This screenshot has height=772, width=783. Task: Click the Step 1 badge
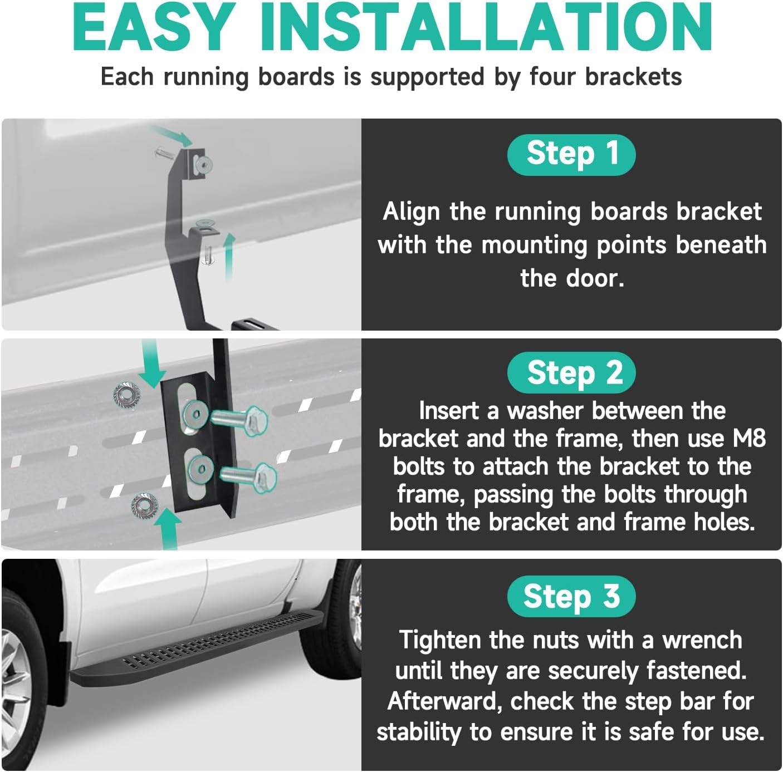pyautogui.click(x=571, y=154)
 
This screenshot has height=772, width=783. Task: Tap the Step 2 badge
pyautogui.click(x=571, y=372)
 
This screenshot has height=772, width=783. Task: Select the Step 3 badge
pyautogui.click(x=571, y=596)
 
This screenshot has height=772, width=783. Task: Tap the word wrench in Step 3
pyautogui.click(x=703, y=640)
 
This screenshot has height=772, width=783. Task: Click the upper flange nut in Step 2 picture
pyautogui.click(x=127, y=395)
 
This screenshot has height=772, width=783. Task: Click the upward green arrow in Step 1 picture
pyautogui.click(x=229, y=257)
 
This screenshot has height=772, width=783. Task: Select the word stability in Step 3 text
pyautogui.click(x=419, y=732)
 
